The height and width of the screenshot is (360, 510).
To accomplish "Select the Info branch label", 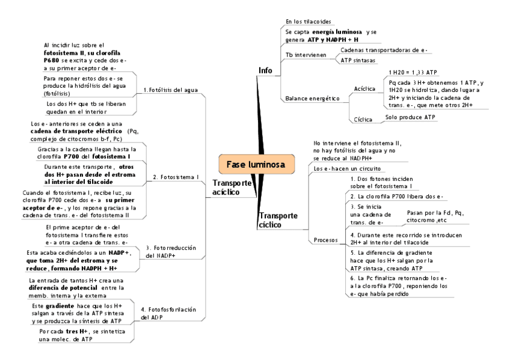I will tap(265, 70).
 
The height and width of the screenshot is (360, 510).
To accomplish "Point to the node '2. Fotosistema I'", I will tap(176, 177).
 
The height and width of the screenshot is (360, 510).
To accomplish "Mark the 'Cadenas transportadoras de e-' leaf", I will tap(384, 50).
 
